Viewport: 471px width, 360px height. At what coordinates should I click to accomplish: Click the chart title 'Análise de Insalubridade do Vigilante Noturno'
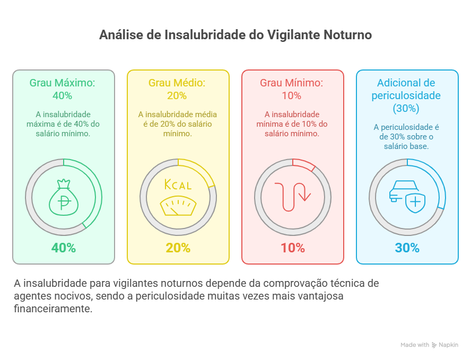(235, 36)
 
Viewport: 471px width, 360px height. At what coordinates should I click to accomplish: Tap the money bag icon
(64, 197)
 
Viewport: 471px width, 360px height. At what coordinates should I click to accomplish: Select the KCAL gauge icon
(178, 197)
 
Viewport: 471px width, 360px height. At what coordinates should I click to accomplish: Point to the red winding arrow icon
(293, 197)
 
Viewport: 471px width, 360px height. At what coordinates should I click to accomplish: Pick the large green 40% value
(64, 248)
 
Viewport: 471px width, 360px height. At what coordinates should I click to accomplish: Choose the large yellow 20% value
(178, 248)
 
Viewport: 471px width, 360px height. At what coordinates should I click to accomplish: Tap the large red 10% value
(293, 248)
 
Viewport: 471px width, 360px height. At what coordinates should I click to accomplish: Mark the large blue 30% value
(407, 248)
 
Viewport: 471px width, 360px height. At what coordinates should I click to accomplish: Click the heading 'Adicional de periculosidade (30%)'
(406, 95)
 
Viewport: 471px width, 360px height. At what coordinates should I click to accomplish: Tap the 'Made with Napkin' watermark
(430, 345)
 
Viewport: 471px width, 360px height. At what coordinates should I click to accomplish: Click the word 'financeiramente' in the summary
(53, 309)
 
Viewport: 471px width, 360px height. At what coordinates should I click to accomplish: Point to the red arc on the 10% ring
(304, 163)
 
